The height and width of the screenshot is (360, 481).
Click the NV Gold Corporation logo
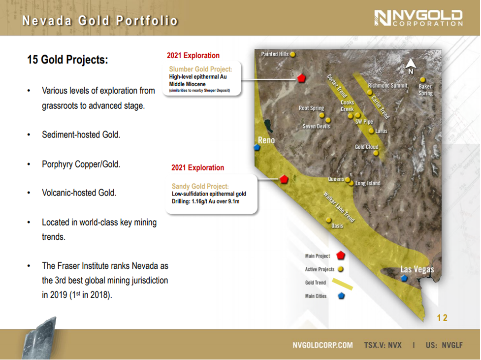pos(418,18)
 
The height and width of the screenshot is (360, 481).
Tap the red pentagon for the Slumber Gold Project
pos(301,78)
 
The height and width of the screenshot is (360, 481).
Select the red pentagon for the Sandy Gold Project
pos(284,179)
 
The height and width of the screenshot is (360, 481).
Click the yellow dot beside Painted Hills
pos(293,54)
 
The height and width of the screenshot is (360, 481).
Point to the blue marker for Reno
pos(257,148)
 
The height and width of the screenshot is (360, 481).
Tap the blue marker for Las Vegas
pos(404,278)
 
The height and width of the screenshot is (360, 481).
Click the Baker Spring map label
pos(426,90)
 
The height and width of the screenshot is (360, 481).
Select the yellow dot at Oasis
pos(328,220)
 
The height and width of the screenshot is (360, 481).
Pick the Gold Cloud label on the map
pos(367,147)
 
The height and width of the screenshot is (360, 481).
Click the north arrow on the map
pos(411,65)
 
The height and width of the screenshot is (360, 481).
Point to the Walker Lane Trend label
pos(339,207)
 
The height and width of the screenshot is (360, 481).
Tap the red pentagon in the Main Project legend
pos(341,255)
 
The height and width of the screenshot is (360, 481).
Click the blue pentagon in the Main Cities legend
pos(341,296)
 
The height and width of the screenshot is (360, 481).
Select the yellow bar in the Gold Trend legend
pos(342,284)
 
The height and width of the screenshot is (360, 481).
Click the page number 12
pos(442,318)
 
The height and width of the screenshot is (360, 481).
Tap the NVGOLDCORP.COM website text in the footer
pos(322,345)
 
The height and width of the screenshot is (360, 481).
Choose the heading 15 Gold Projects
pos(67,60)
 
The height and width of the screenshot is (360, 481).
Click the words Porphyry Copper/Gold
pos(81,164)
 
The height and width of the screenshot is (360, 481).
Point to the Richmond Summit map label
pos(388,86)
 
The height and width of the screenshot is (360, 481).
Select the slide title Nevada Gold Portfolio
pos(100,21)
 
